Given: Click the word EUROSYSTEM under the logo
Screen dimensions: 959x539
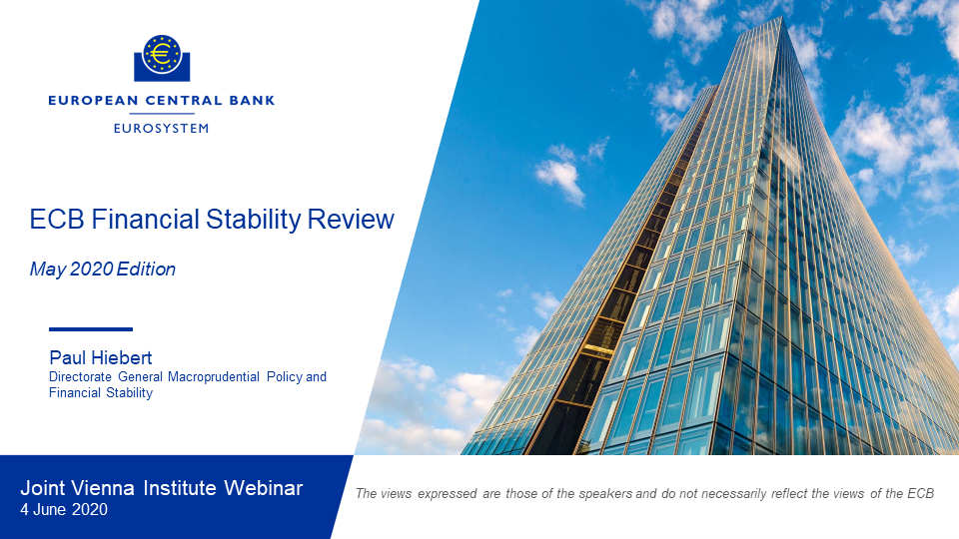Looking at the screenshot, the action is point(162,129).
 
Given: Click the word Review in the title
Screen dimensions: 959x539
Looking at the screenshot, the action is point(351,220).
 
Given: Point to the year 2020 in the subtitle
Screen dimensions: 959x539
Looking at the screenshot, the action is point(92,269).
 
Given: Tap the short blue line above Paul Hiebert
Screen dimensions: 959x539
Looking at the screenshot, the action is point(91,329).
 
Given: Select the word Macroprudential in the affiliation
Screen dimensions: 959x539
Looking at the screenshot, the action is point(214,377).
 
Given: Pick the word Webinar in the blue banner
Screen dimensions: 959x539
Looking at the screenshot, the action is point(263,488).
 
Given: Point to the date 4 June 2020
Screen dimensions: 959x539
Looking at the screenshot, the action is point(64,510).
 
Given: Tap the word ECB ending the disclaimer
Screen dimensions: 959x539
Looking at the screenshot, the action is point(920,494).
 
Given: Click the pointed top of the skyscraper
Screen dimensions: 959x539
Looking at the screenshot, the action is point(781,18).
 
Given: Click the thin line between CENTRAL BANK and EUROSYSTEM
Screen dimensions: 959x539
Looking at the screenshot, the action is point(162,114).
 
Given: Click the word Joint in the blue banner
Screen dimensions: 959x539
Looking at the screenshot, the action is point(43,488).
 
